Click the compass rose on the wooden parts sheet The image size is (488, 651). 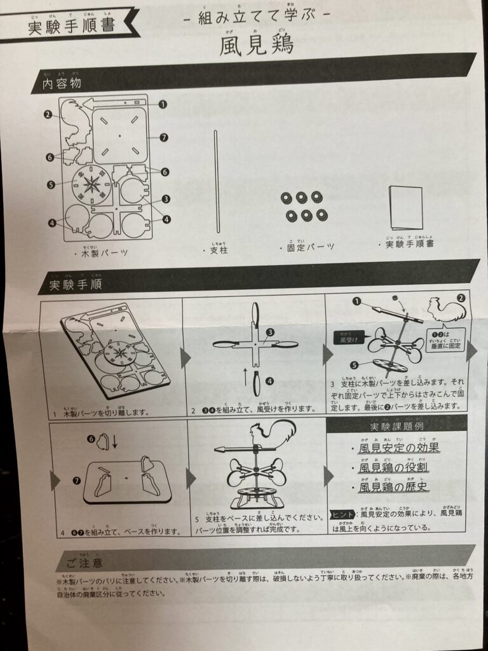(91, 184)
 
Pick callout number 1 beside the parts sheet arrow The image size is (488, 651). (163, 104)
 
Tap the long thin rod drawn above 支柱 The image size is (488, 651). (216, 184)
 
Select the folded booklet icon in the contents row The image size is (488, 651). (406, 209)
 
